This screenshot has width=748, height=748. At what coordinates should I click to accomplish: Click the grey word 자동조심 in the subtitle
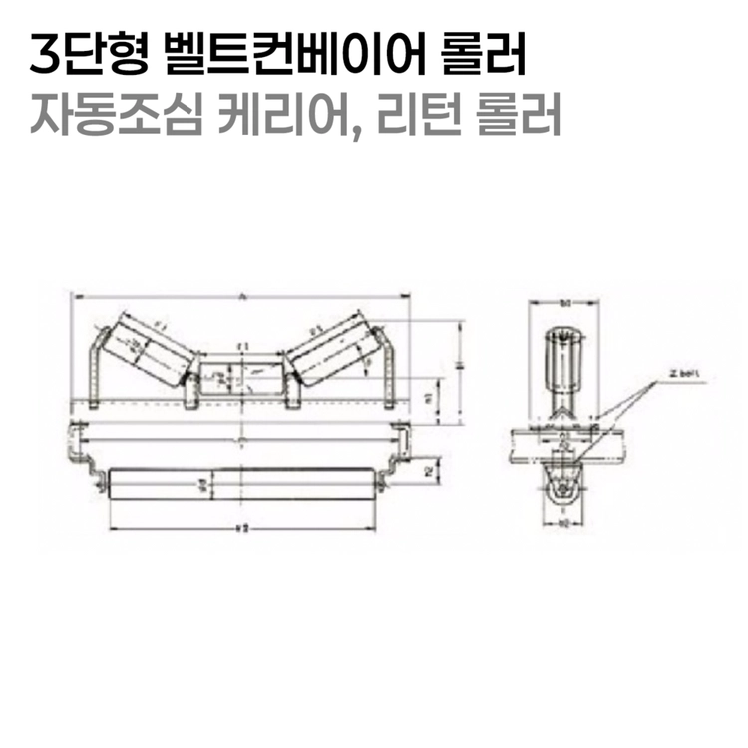(x=110, y=117)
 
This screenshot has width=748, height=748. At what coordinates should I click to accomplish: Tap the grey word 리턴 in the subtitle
(x=414, y=117)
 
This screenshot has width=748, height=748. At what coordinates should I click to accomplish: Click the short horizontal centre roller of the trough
(x=239, y=376)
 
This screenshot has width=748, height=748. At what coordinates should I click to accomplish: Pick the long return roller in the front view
(x=240, y=486)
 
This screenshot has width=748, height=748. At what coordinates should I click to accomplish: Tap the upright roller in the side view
(x=564, y=364)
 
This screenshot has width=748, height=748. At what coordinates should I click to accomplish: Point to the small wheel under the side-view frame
(x=563, y=493)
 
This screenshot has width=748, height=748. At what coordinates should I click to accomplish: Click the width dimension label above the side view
(x=563, y=301)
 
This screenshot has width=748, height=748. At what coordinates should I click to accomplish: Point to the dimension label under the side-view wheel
(x=563, y=522)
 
